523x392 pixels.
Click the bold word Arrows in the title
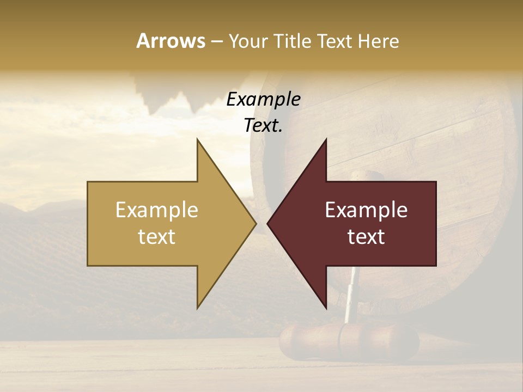pyautogui.click(x=171, y=41)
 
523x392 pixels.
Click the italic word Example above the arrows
pyautogui.click(x=263, y=100)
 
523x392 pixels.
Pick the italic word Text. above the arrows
pyautogui.click(x=263, y=126)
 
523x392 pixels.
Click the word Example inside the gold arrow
pyautogui.click(x=157, y=210)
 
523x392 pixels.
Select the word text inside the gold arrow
pyautogui.click(x=157, y=237)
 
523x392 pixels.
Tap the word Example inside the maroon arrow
pyautogui.click(x=366, y=210)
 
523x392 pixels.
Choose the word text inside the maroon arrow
pyautogui.click(x=366, y=237)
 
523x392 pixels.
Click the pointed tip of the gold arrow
pyautogui.click(x=256, y=223)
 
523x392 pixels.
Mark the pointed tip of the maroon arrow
pyautogui.click(x=267, y=223)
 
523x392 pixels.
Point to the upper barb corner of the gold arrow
pyautogui.click(x=197, y=140)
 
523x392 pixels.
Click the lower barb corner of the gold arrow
pyautogui.click(x=197, y=308)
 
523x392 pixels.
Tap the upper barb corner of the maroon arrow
pyautogui.click(x=326, y=140)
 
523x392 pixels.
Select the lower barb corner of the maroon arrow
pyautogui.click(x=326, y=308)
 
